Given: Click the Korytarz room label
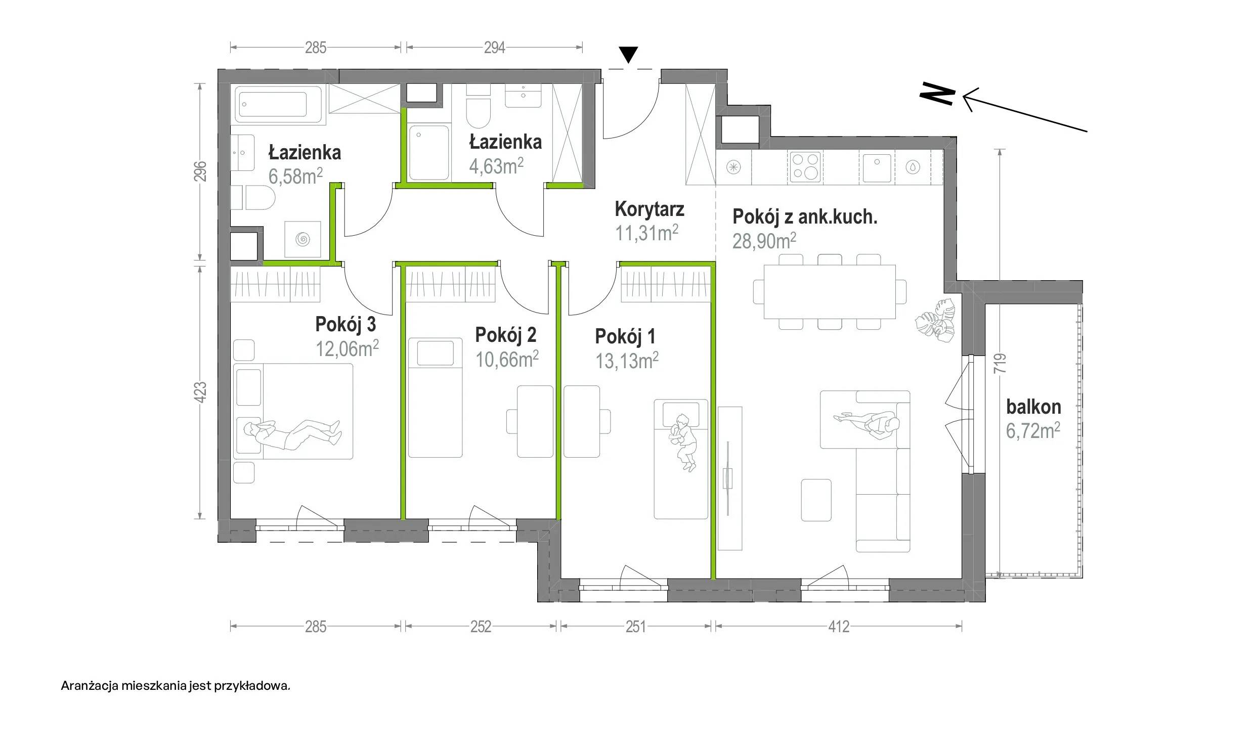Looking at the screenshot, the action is [649, 209].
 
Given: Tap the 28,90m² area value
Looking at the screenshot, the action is [764, 241].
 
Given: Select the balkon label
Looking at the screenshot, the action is [1033, 407].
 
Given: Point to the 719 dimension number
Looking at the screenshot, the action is [1000, 364].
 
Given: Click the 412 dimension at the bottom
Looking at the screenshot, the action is [839, 627].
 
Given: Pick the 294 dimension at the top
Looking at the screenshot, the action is [494, 48].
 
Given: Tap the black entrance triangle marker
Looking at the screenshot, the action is [628, 55].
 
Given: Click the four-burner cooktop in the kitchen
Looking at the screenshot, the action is [805, 167].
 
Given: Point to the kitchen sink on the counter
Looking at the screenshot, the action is [877, 167].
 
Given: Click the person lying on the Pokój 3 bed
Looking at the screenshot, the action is [291, 432].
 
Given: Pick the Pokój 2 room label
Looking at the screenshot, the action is [505, 335].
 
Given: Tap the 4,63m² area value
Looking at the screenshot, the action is [496, 166].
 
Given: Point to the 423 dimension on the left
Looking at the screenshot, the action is [201, 392].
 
